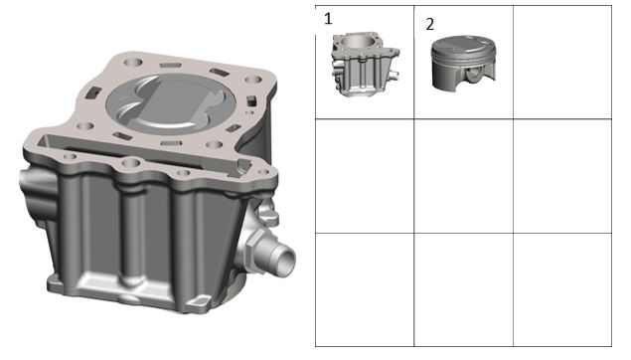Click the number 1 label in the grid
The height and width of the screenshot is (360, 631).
pyautogui.click(x=328, y=19)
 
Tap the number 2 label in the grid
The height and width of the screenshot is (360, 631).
pyautogui.click(x=430, y=25)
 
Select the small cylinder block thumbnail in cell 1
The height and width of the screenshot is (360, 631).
pyautogui.click(x=365, y=65)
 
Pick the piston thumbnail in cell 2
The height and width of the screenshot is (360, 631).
pyautogui.click(x=464, y=62)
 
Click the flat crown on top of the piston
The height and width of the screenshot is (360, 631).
pyautogui.click(x=463, y=45)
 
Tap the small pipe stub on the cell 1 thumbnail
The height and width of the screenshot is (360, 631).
pyautogui.click(x=394, y=75)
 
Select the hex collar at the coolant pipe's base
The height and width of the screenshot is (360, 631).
pyautogui.click(x=252, y=253)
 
